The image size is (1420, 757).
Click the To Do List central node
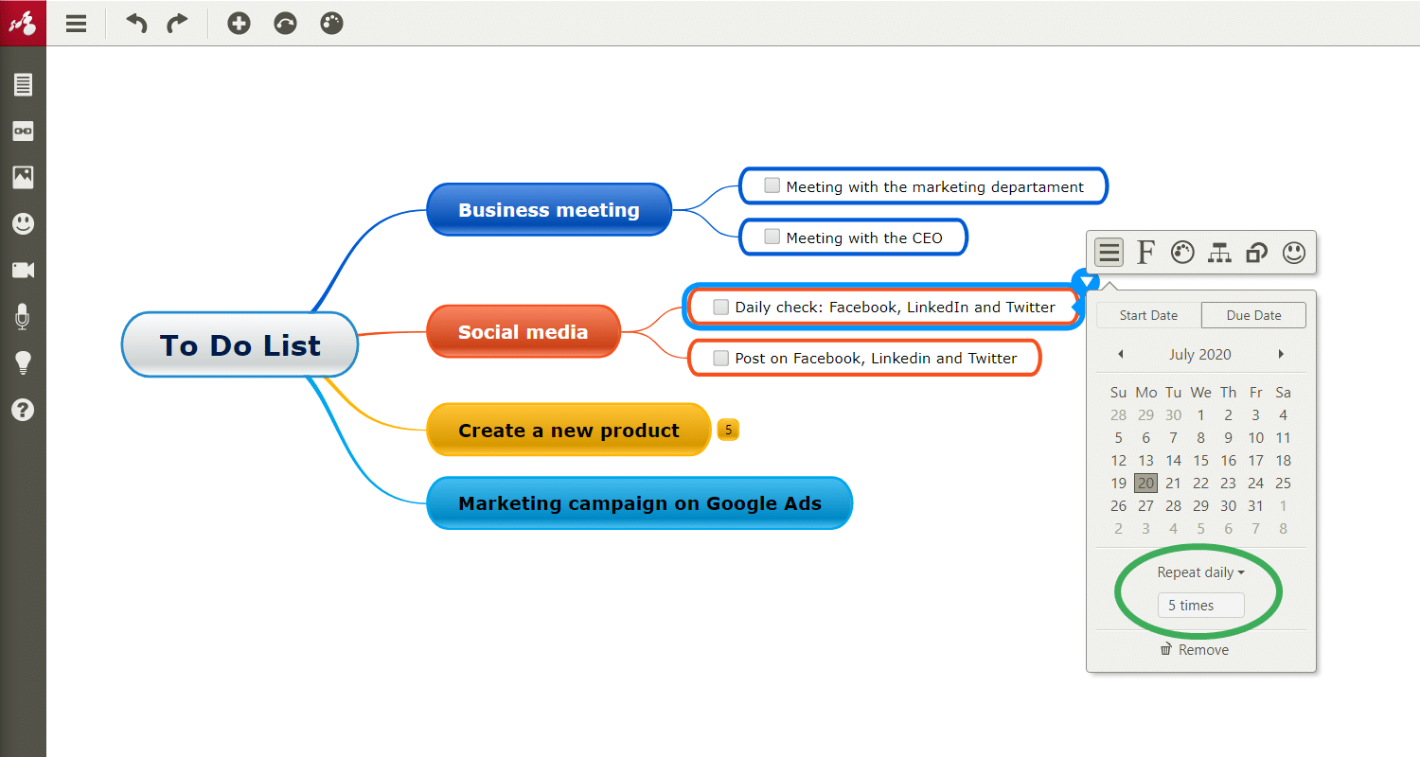point(240,344)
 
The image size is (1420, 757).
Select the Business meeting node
point(549,210)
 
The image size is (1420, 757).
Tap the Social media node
point(524,331)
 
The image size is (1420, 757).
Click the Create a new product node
point(569,431)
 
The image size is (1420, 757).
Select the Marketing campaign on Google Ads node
point(640,503)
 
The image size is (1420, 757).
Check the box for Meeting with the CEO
point(772,237)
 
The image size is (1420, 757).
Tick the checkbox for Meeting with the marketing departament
point(772,185)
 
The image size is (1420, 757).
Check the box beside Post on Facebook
point(720,358)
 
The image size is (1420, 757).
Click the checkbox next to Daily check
point(720,307)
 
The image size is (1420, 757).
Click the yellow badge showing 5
point(728,430)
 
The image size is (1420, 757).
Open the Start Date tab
point(1148,315)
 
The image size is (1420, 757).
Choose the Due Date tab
point(1253,315)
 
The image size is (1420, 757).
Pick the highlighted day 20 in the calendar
point(1145,483)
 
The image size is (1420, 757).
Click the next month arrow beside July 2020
point(1281,354)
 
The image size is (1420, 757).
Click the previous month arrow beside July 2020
point(1121,354)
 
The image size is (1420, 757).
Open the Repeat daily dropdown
point(1200,572)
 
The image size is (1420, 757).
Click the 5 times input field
point(1200,605)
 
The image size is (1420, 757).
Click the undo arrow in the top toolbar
point(136,24)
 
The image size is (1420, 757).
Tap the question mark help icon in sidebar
point(23,410)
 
